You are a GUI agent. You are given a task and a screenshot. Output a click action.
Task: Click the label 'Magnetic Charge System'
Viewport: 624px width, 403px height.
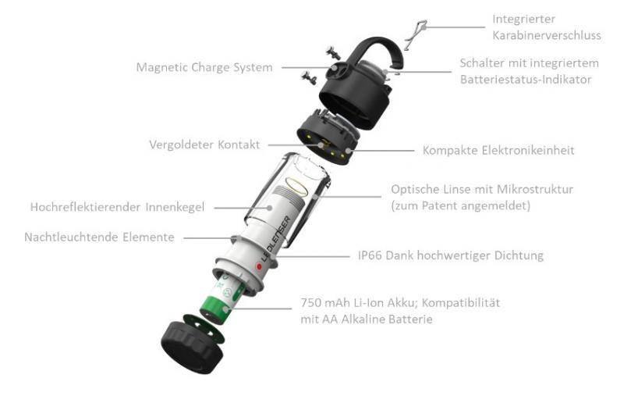point(204,67)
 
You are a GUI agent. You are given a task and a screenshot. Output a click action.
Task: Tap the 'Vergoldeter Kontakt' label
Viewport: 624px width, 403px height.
point(204,144)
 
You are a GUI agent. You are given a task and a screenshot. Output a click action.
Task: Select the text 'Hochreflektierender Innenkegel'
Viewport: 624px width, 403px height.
point(118,207)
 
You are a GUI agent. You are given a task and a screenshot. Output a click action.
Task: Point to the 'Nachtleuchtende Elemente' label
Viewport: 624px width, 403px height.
point(100,237)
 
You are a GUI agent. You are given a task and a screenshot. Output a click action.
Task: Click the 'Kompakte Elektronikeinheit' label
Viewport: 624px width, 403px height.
point(498,150)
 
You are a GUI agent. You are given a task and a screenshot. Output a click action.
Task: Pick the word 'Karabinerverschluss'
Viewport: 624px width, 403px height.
point(547,35)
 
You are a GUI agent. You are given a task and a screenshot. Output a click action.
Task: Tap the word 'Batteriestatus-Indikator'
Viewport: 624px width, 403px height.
point(526,80)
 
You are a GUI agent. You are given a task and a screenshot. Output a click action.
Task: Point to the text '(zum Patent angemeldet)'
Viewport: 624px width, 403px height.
point(460,205)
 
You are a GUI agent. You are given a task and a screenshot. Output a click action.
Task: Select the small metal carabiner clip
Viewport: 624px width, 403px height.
point(415,35)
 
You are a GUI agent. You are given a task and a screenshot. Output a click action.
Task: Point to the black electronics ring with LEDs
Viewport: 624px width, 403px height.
point(328,137)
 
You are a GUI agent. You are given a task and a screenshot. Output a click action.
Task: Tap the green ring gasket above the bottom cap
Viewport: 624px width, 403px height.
point(203,329)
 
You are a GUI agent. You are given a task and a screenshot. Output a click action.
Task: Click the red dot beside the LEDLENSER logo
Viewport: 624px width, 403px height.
point(259,266)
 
